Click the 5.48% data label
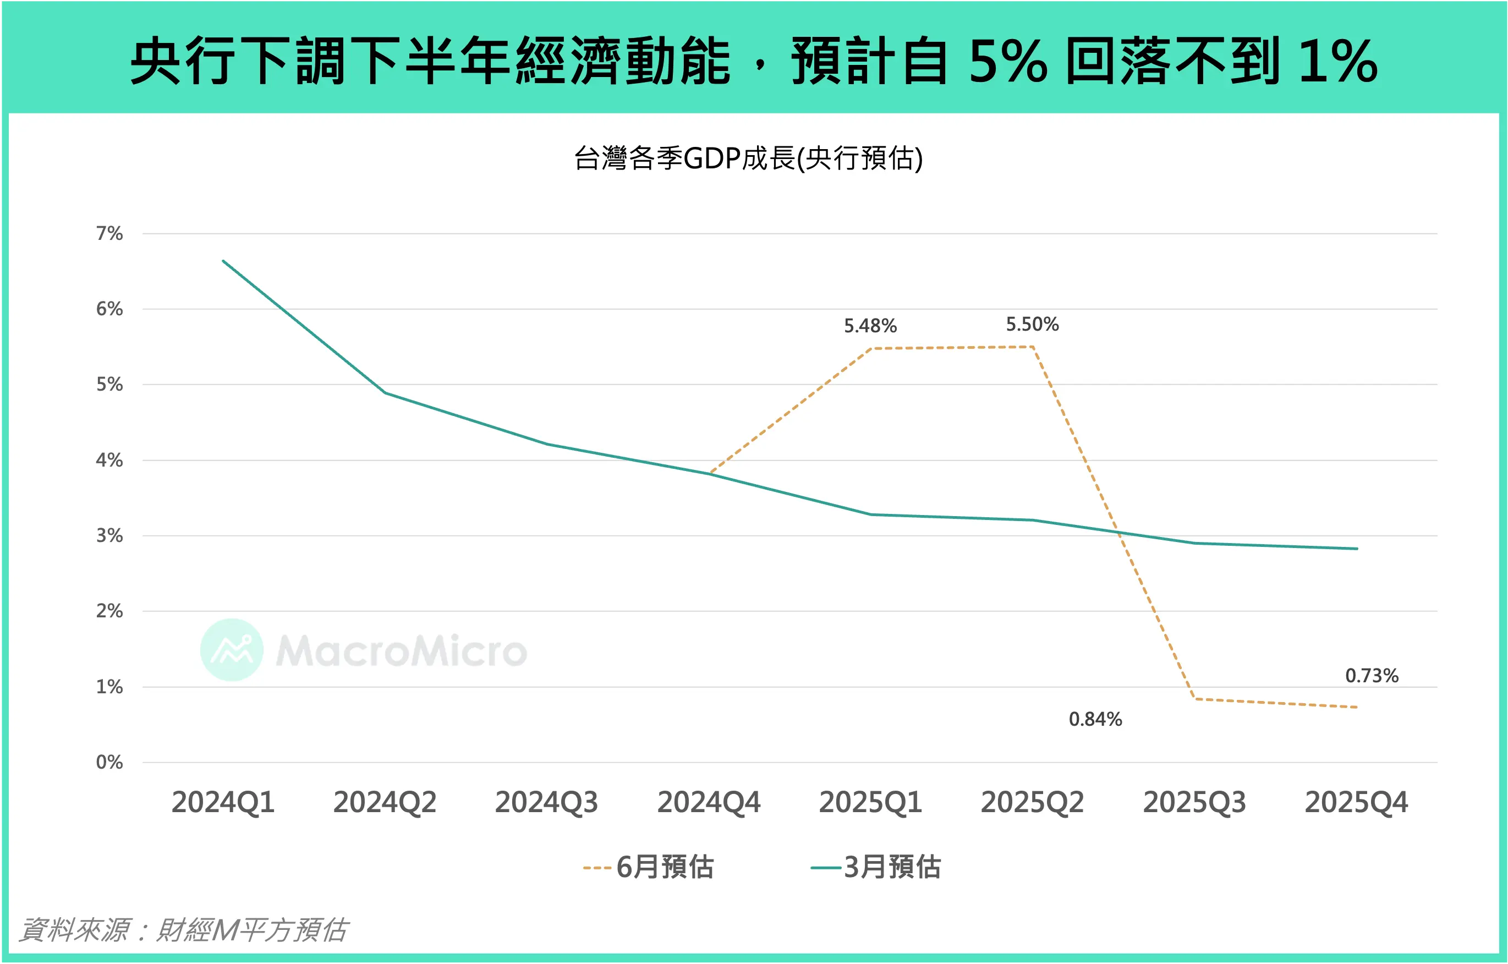coord(870,326)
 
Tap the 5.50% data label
coord(1032,325)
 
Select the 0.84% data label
coord(1095,719)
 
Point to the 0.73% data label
coord(1372,676)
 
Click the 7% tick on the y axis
coord(109,234)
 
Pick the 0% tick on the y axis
coord(109,762)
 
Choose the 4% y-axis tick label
coord(109,461)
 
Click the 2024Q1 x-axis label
coord(223,802)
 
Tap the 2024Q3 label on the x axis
coord(546,802)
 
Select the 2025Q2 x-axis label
coord(1032,802)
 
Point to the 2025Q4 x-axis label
coord(1356,802)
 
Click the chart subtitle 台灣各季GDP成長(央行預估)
coord(748,158)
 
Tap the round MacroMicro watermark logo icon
coord(232,650)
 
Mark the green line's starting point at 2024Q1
coord(223,261)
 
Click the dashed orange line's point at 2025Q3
coord(1194,698)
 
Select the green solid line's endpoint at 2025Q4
coord(1357,549)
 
